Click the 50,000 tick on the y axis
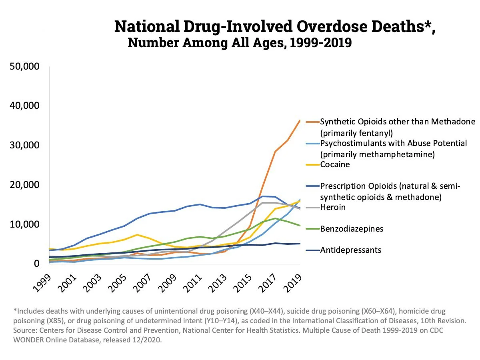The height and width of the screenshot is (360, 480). coord(24,66)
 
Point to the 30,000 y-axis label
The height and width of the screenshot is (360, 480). coord(24,145)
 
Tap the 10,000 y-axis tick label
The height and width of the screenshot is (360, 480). coord(24,224)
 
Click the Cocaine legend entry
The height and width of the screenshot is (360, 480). coord(335,164)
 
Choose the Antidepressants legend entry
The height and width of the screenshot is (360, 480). coord(351,250)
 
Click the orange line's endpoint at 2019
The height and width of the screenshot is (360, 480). coord(300,120)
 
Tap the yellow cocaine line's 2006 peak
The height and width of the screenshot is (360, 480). coord(137,235)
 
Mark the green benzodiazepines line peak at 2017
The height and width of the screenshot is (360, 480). coord(275,218)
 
